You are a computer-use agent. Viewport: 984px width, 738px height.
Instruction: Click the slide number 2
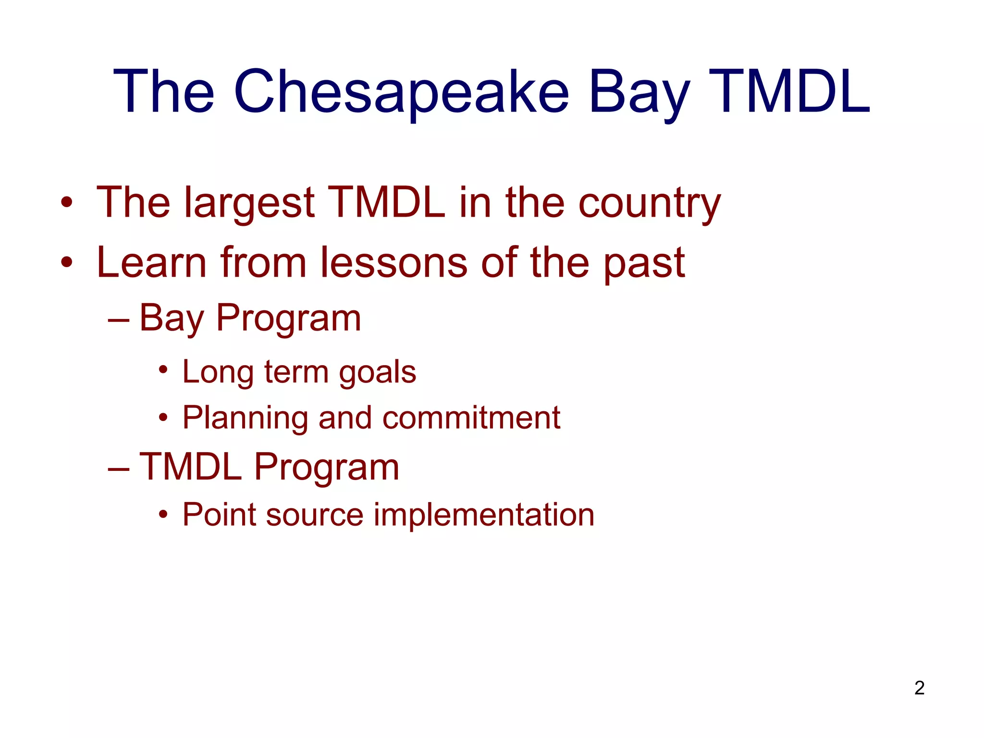click(919, 688)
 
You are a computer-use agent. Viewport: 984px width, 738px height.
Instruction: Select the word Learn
click(152, 263)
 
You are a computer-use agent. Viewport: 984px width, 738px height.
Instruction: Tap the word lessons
click(394, 263)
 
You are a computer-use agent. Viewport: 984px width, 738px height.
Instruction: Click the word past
click(644, 263)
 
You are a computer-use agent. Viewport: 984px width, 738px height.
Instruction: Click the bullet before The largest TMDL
click(67, 203)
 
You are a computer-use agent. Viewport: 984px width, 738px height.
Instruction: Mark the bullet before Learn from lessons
click(67, 262)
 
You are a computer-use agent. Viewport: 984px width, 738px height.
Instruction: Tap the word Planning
click(245, 418)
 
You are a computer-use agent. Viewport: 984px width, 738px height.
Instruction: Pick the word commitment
click(471, 418)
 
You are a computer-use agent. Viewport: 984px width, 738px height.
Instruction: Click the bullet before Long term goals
click(163, 370)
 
